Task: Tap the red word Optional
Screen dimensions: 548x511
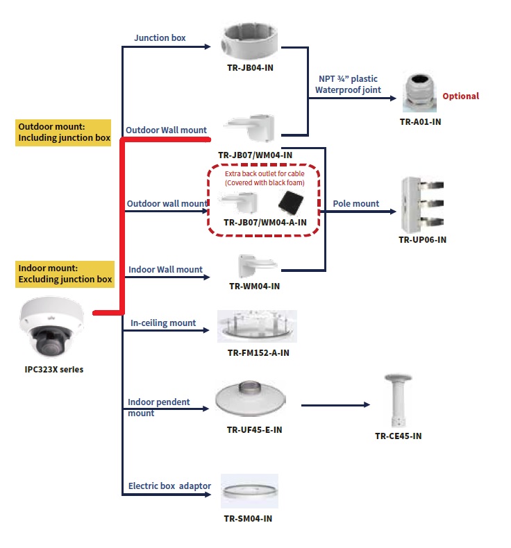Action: pos(460,96)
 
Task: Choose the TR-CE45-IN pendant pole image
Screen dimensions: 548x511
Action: pos(397,401)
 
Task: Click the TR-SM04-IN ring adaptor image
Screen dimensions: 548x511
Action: pos(249,492)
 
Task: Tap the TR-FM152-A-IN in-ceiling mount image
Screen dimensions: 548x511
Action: pos(257,327)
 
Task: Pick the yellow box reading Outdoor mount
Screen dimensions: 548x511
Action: pos(64,132)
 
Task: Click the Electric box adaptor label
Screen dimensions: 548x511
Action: pos(169,486)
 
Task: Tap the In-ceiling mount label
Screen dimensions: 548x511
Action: pos(163,323)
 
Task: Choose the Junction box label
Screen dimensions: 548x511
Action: pos(160,38)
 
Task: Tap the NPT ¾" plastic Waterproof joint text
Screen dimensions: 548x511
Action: pos(348,85)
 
